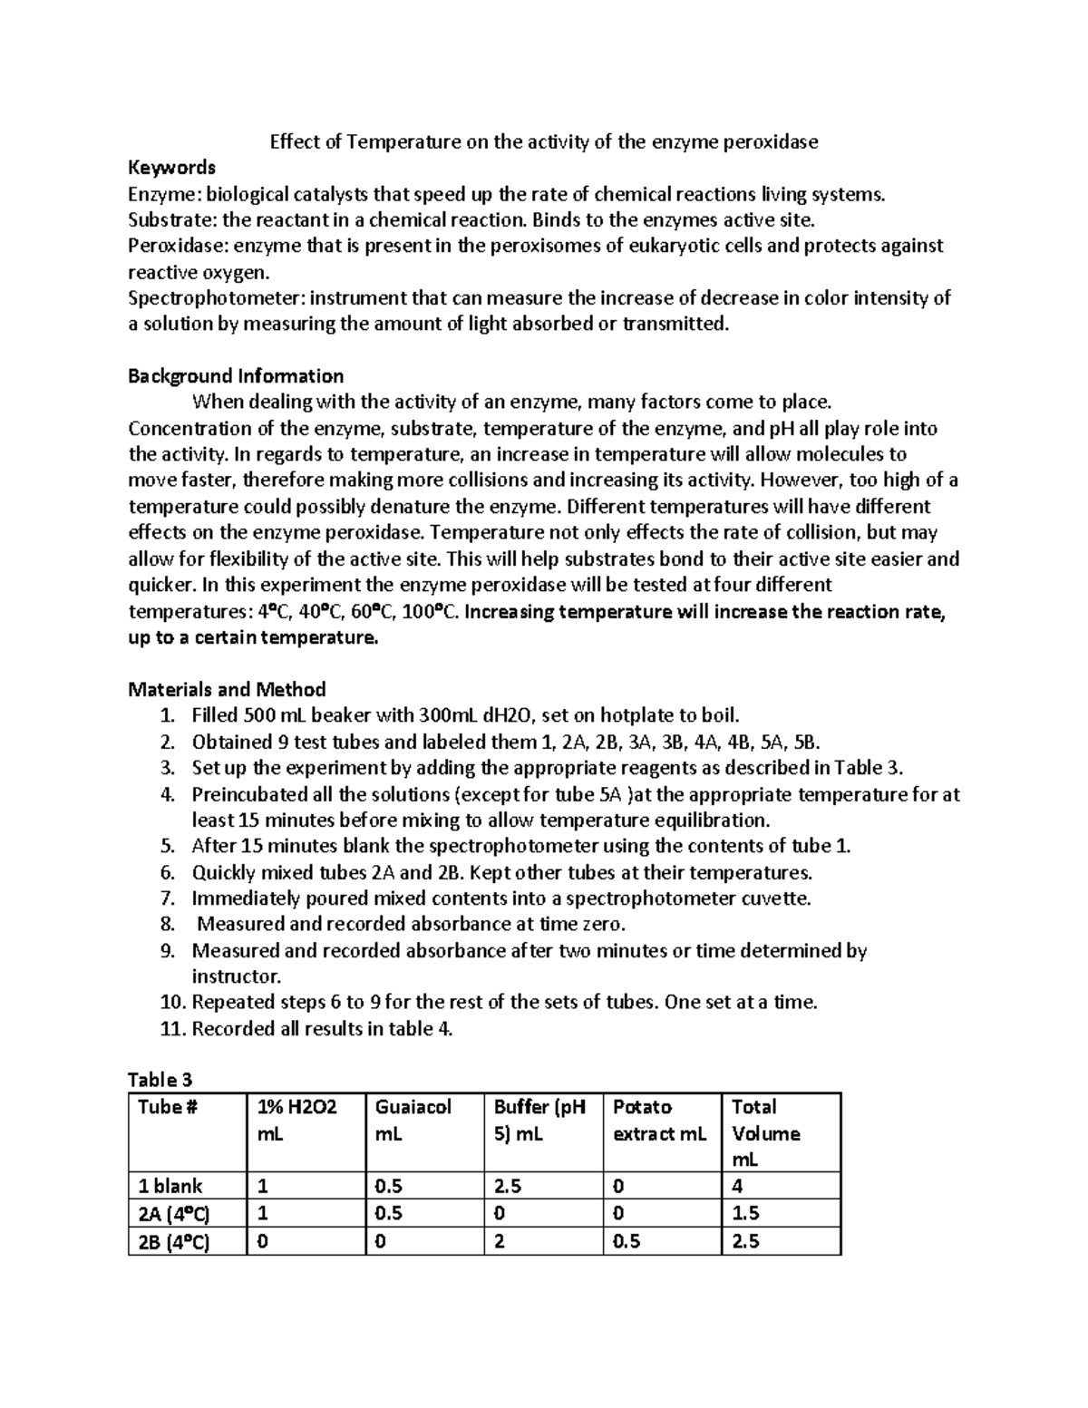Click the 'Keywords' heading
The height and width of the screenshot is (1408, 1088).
(x=171, y=168)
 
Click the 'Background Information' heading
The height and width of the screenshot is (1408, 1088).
(x=236, y=376)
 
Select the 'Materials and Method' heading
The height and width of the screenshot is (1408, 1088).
(x=227, y=689)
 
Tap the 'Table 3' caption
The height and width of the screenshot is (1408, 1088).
(x=160, y=1080)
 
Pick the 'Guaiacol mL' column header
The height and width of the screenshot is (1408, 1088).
(x=413, y=1121)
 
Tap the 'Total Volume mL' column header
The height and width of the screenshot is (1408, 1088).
(x=765, y=1133)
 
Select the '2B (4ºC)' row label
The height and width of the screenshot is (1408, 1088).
(x=172, y=1242)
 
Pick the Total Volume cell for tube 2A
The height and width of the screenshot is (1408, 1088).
(x=745, y=1214)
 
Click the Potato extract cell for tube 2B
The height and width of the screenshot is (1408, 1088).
(x=627, y=1242)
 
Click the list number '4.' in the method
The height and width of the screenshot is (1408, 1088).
(x=166, y=795)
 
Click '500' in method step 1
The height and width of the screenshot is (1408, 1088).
(x=251, y=715)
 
